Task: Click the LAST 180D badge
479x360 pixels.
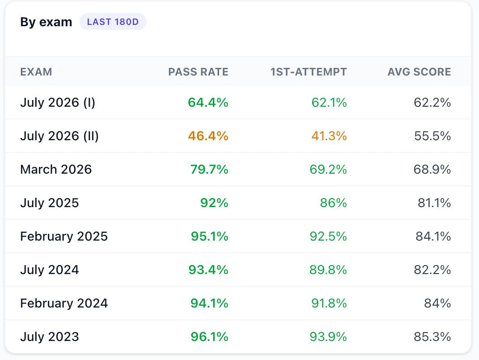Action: [x=113, y=22]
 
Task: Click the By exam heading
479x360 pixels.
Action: [x=46, y=22]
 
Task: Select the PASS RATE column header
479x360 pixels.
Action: [x=198, y=72]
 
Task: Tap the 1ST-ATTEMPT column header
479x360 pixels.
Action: [x=309, y=72]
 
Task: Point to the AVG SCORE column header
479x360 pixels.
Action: [x=419, y=72]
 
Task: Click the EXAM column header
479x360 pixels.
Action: [x=36, y=72]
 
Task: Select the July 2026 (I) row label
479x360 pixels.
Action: [x=58, y=103]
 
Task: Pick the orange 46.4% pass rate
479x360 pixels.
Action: [x=208, y=136]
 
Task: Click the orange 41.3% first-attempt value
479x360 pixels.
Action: [x=329, y=136]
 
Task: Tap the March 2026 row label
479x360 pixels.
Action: [x=56, y=169]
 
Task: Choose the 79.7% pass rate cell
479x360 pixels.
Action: [x=209, y=169]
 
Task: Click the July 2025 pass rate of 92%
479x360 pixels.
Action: [x=214, y=203]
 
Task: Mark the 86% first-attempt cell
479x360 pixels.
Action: [x=333, y=203]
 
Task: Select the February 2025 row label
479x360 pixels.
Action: [x=64, y=237]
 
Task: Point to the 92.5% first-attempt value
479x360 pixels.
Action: [x=328, y=236]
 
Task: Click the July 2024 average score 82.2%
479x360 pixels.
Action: [x=432, y=270]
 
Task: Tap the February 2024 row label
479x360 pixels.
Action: [x=64, y=303]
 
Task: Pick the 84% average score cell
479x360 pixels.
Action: [x=437, y=303]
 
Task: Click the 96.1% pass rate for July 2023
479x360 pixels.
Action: [x=209, y=337]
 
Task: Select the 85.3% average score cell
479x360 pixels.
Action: [x=432, y=337]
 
